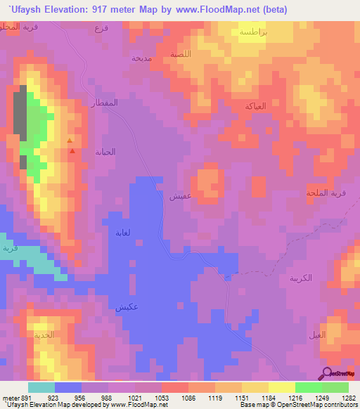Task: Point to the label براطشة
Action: pyautogui.click(x=252, y=32)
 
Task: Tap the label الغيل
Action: pyautogui.click(x=318, y=335)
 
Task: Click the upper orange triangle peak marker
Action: pyautogui.click(x=69, y=141)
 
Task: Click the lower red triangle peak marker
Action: pyautogui.click(x=72, y=150)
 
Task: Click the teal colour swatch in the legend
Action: pyautogui.click(x=41, y=387)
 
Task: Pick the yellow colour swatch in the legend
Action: pyautogui.click(x=255, y=387)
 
